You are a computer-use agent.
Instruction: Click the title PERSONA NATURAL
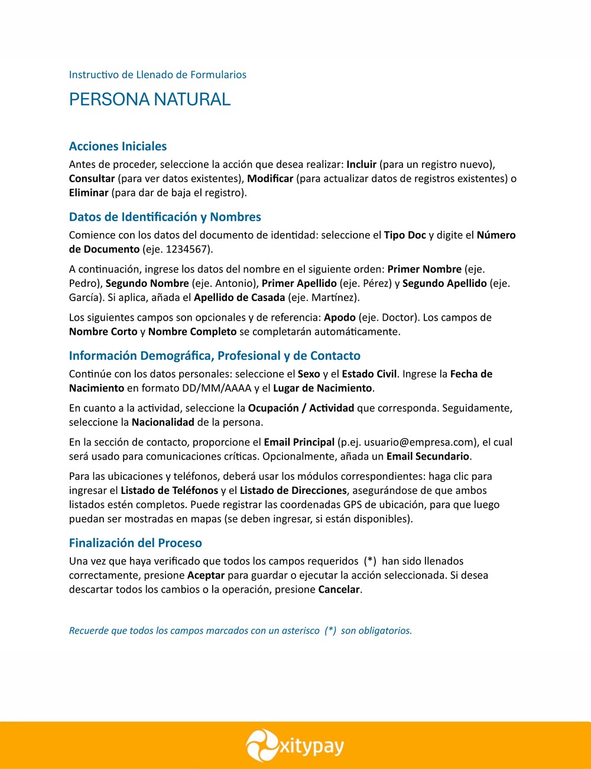(150, 99)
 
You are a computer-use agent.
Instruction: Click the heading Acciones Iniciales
(118, 146)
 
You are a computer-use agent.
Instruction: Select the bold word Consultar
(92, 179)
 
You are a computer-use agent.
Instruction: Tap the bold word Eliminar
(89, 193)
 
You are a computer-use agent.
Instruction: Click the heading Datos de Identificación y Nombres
(165, 217)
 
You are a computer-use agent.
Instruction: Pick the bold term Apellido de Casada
(239, 298)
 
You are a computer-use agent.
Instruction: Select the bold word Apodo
(340, 318)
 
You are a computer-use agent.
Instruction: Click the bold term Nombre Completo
(192, 332)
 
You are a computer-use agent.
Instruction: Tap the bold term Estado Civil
(369, 374)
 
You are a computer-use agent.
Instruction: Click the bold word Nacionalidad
(163, 422)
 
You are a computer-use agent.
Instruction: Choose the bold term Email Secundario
(428, 456)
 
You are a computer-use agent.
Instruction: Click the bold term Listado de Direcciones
(293, 490)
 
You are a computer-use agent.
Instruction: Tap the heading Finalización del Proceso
(135, 543)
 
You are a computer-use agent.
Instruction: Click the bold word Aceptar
(206, 576)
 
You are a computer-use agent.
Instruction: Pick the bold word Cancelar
(339, 590)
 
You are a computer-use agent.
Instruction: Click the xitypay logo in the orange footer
(295, 746)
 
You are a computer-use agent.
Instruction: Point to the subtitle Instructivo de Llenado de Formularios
(157, 75)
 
